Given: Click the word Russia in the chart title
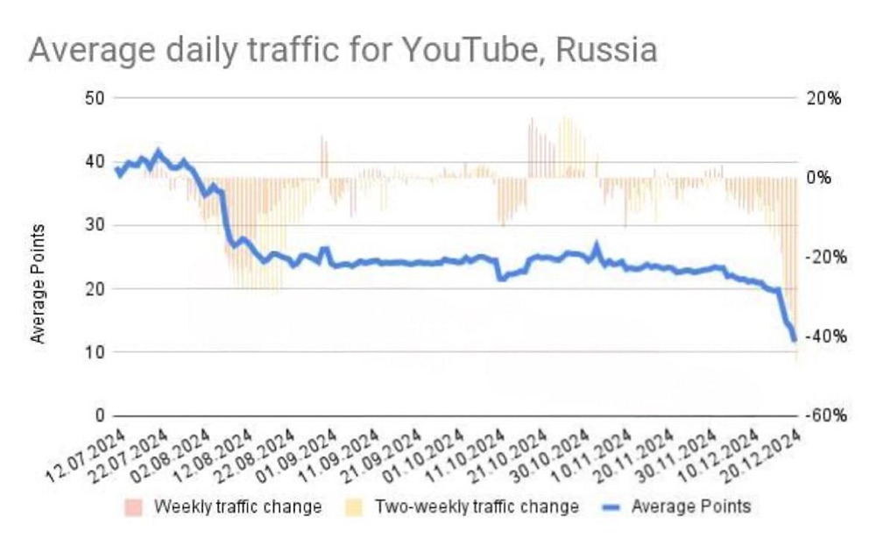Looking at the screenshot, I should click(x=605, y=50).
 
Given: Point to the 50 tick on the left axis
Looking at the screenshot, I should click(x=95, y=98).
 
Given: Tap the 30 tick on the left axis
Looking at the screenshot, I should click(x=95, y=225).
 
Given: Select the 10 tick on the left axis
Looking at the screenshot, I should click(x=95, y=352).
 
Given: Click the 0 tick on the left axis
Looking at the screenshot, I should click(x=100, y=415).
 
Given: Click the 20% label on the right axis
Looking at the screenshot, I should click(x=823, y=98).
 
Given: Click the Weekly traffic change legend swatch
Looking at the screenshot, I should click(x=133, y=506).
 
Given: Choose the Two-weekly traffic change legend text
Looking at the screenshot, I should click(x=477, y=506).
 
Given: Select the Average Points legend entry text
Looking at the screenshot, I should click(x=693, y=506).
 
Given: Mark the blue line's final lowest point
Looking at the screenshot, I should click(x=794, y=339).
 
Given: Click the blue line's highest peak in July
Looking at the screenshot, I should click(x=159, y=152).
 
